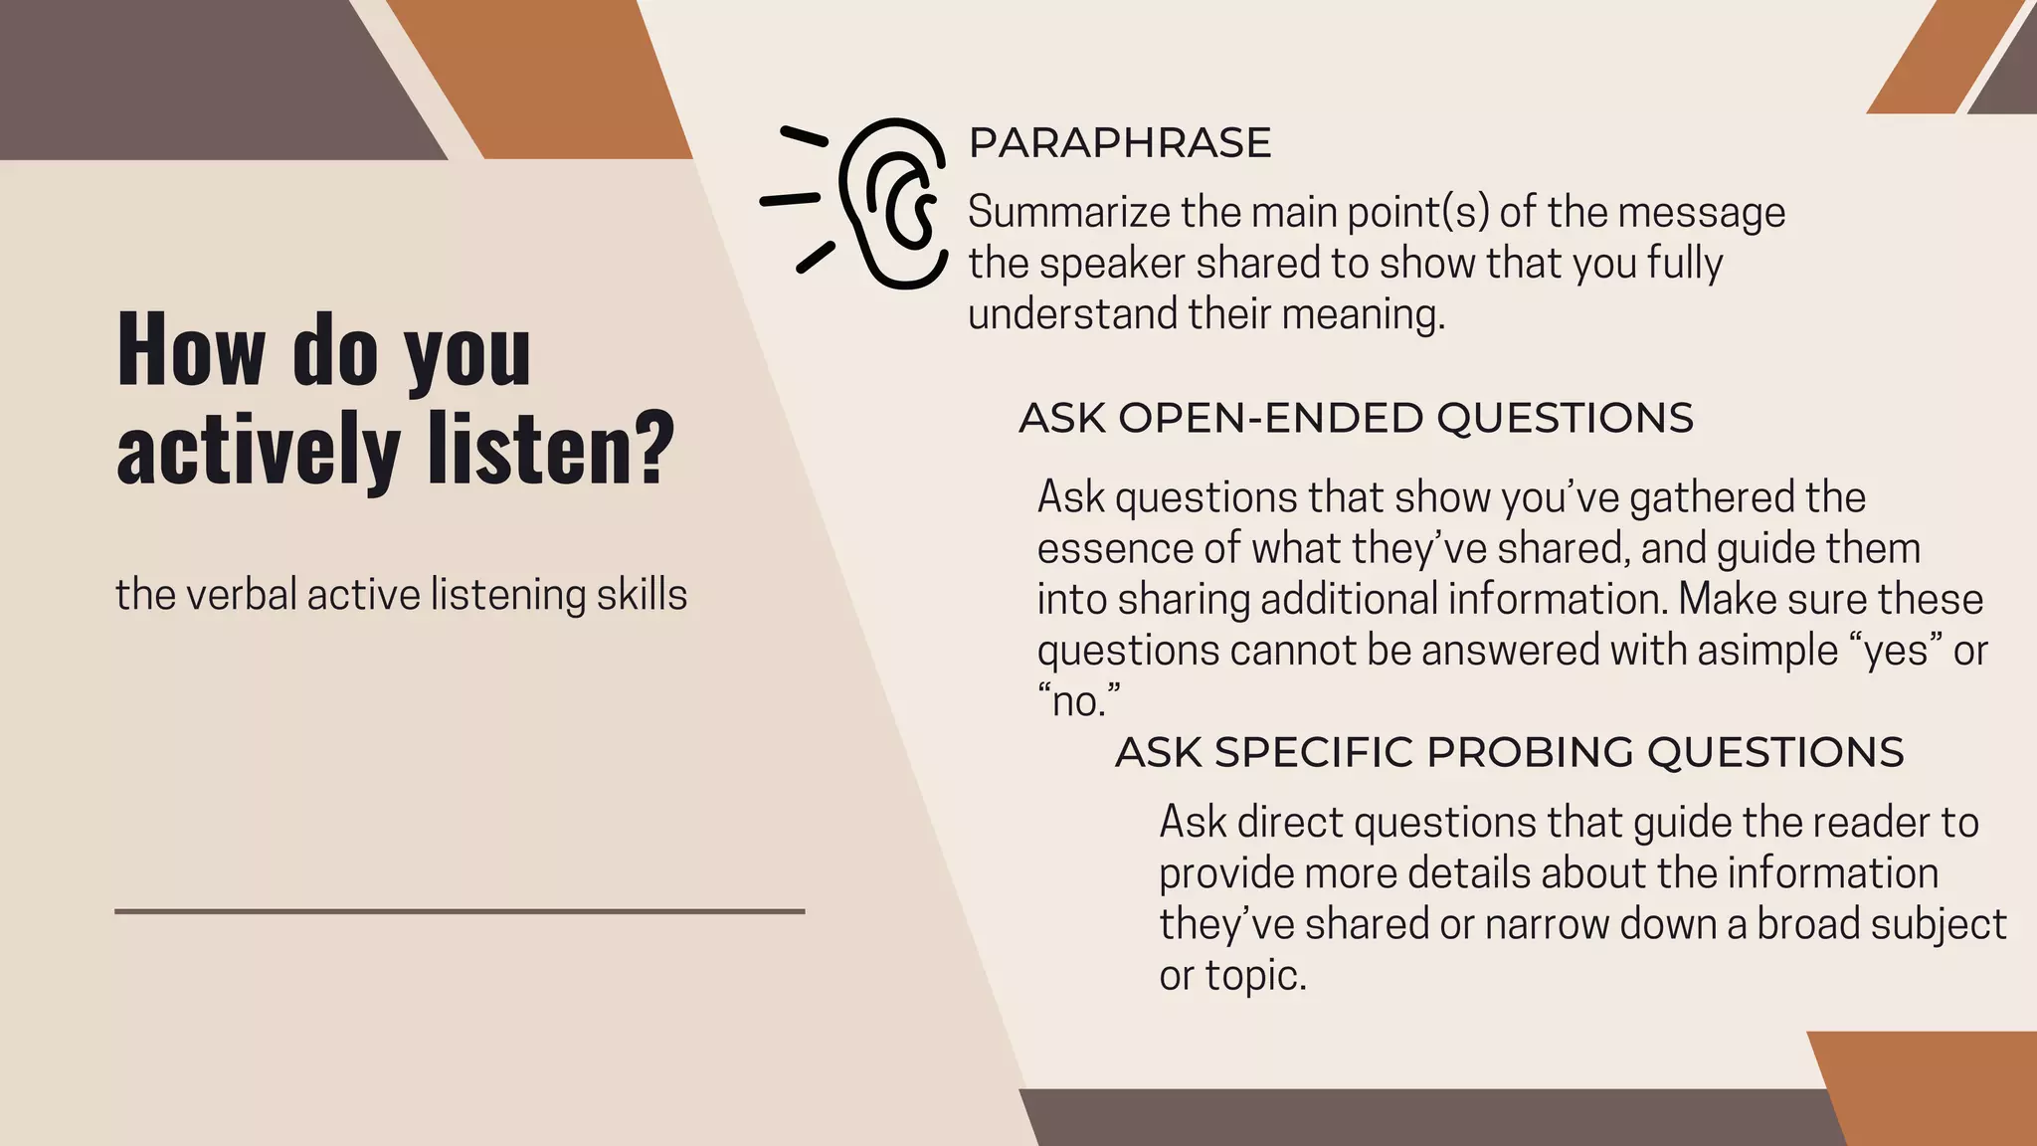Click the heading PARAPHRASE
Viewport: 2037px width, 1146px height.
click(1119, 143)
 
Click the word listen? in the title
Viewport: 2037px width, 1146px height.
click(551, 449)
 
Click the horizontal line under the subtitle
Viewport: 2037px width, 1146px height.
click(459, 910)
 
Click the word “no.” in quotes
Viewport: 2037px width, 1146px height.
click(1078, 702)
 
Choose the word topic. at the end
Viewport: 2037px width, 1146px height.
click(1255, 976)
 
